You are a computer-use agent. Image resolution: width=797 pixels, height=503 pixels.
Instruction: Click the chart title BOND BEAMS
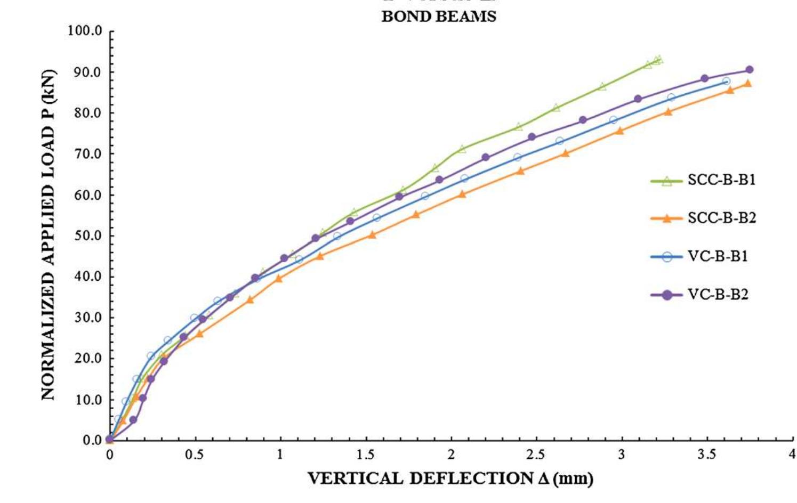pos(438,17)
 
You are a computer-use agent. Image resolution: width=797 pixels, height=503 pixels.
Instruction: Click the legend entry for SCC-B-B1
pos(721,180)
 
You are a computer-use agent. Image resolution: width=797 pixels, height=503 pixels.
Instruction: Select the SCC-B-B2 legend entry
pos(721,218)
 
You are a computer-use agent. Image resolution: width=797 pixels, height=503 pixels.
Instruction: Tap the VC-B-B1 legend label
pos(718,256)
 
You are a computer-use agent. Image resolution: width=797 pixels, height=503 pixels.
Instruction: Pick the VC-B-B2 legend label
pos(718,295)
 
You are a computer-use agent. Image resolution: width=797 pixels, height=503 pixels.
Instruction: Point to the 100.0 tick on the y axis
pos(85,31)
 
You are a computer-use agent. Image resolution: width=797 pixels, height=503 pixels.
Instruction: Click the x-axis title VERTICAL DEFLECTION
pos(450,478)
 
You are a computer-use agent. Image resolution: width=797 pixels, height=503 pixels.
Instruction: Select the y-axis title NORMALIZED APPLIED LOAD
pos(49,234)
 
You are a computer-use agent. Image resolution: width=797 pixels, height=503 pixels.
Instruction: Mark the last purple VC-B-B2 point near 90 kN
pos(749,70)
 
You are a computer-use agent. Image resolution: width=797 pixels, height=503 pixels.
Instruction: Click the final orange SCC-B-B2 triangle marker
pos(747,84)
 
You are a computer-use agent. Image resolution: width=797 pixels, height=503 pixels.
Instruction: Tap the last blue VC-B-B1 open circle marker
pos(726,82)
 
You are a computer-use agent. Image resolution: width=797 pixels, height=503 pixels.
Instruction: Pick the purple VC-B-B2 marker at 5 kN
pos(133,420)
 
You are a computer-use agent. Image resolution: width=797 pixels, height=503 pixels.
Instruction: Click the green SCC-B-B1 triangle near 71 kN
pos(462,150)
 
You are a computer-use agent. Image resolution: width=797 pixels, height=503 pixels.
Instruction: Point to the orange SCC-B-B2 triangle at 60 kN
pos(462,194)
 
